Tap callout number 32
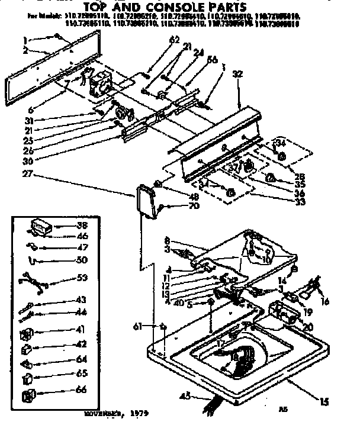tap(237, 75)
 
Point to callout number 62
tap(157, 40)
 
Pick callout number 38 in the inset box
tap(81, 225)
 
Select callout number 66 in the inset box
tap(81, 391)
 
